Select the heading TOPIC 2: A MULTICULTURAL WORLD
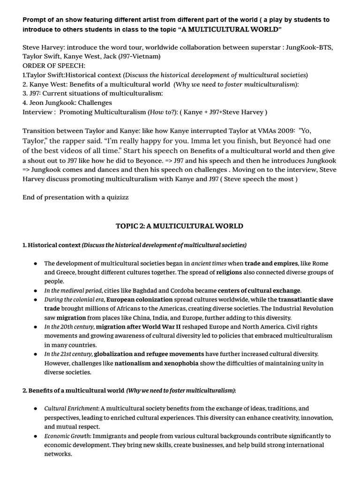pos(180,226)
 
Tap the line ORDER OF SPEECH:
pos(54,66)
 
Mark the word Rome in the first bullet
pos(321,263)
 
